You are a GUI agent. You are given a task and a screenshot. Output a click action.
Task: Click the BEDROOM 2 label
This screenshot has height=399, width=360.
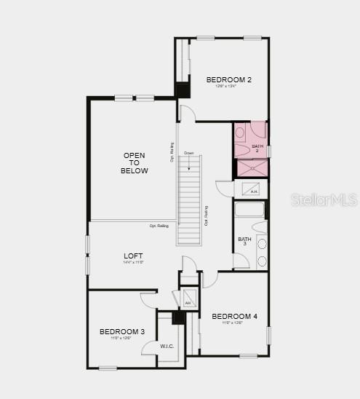(x=228, y=79)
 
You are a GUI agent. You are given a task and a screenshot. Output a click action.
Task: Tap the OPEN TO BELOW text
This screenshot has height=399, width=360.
(x=135, y=163)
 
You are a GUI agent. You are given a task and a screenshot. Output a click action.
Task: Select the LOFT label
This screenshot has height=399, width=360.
(x=133, y=255)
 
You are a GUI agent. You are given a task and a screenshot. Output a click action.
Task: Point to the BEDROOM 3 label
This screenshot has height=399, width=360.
(x=122, y=331)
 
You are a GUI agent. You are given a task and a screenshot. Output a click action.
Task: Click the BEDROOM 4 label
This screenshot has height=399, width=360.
(x=234, y=316)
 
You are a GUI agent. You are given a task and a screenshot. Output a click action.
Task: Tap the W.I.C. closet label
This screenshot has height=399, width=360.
(x=167, y=346)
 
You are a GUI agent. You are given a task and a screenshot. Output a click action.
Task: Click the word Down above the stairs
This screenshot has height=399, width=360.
(x=189, y=153)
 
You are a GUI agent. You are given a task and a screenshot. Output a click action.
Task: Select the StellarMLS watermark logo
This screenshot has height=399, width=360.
(x=324, y=199)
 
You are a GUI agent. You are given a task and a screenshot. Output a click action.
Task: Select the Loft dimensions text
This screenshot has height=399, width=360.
(x=133, y=262)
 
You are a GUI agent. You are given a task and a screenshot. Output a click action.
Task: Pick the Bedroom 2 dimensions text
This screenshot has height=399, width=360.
(x=228, y=87)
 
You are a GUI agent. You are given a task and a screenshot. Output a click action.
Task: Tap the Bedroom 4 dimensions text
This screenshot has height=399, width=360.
(x=234, y=323)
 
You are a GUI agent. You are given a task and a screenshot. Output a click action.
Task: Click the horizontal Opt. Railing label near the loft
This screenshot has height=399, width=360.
(x=159, y=226)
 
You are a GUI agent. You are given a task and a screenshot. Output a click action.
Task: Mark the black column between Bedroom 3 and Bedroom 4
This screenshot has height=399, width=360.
(x=177, y=318)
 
